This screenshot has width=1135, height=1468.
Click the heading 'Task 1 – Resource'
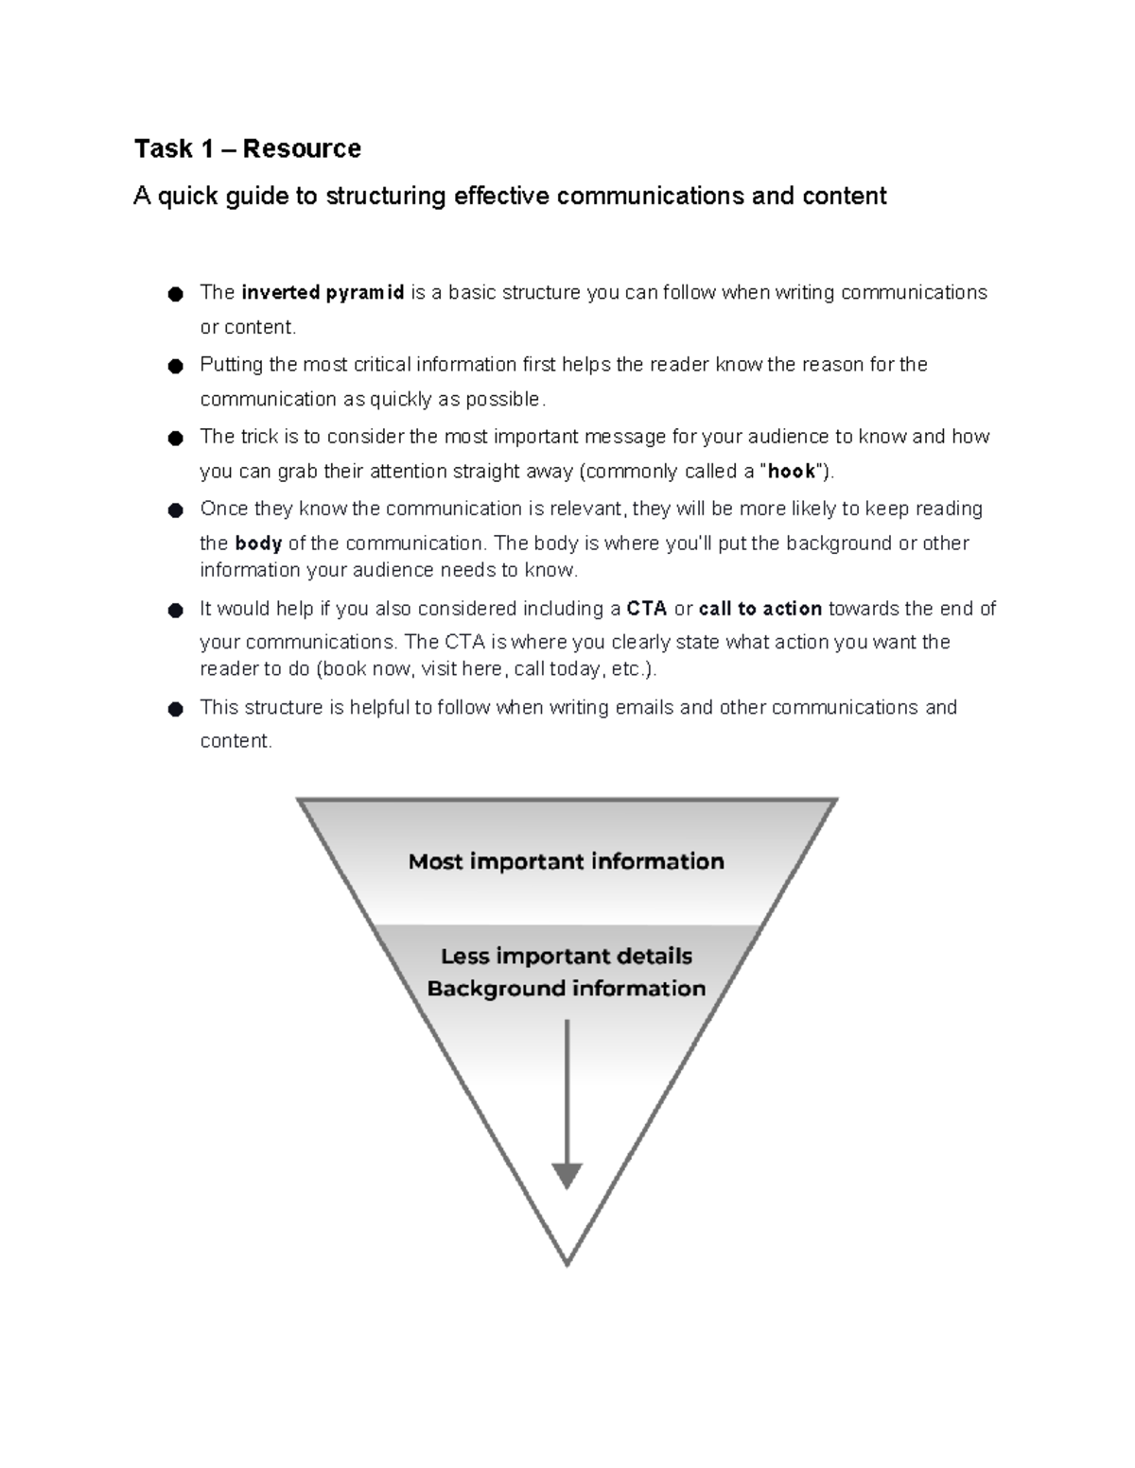(247, 148)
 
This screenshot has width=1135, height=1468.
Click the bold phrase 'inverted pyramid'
(323, 293)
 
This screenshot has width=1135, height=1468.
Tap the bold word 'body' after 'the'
(258, 544)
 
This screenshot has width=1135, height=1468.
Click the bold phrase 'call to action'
(760, 609)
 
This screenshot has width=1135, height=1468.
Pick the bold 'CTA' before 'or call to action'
(647, 609)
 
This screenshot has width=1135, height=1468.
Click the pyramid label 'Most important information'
(566, 862)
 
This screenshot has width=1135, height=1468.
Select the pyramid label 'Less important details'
(566, 957)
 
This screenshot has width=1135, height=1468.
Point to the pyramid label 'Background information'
(566, 989)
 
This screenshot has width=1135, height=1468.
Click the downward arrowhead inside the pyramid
(567, 1176)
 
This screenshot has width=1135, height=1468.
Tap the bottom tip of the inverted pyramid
(567, 1263)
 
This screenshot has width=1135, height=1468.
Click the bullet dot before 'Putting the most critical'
(174, 367)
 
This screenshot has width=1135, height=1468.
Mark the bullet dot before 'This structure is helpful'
(174, 710)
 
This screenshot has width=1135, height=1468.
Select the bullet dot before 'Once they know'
(174, 511)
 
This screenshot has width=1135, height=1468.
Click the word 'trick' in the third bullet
(260, 437)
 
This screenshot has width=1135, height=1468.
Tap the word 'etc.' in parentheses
(629, 669)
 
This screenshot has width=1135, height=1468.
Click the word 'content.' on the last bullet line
(236, 742)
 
